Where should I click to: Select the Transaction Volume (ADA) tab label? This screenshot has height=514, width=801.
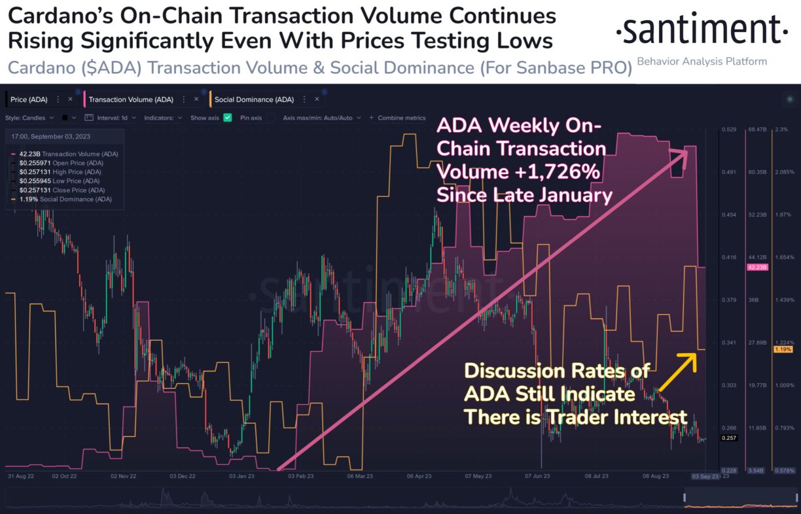coord(131,99)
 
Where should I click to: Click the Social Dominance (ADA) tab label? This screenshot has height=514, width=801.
coord(254,99)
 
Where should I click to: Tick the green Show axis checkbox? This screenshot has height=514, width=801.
coord(228,118)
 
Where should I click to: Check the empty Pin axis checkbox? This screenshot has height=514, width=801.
coord(270,118)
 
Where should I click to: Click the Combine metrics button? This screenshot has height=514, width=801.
coord(401,118)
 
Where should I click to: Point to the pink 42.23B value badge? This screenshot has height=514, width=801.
coord(756,267)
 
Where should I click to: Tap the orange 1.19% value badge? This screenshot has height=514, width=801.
coord(783,350)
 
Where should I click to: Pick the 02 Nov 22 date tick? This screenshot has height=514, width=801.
coord(123,477)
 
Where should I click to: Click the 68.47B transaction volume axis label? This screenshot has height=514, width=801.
coord(756,129)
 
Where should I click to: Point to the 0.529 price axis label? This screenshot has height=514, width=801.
coord(729,129)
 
